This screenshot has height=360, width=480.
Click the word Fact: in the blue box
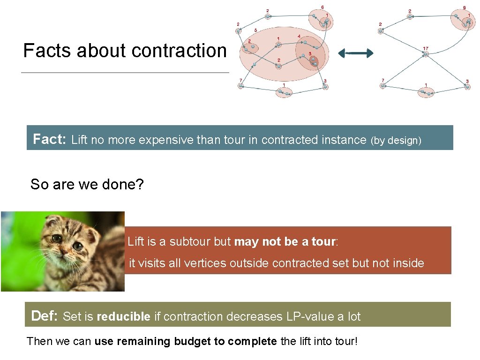coord(50,139)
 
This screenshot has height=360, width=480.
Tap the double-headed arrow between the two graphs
coord(356,53)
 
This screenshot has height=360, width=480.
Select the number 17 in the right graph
coord(425,48)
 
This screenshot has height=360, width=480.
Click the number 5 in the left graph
coord(255,30)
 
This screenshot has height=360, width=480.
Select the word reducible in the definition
coord(123,317)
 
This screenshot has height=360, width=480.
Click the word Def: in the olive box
coord(44,316)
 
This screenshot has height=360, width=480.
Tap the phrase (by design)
coord(396,140)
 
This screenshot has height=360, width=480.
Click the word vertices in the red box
coord(203,263)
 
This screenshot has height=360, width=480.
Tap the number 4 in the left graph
coord(299,37)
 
